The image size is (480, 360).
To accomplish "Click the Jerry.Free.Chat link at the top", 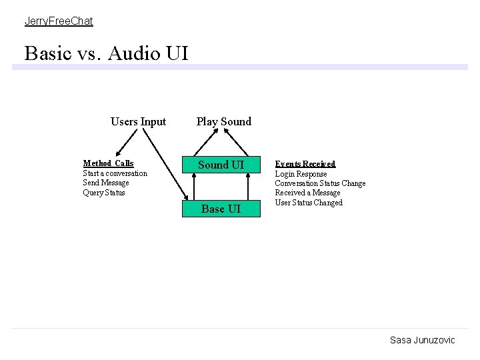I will pos(59,21).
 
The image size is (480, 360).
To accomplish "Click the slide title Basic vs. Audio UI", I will pos(106,53).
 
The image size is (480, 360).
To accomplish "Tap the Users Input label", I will pos(138,121).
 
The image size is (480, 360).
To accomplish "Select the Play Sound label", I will pos(223,121).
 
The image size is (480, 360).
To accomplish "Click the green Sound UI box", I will pos(221,165).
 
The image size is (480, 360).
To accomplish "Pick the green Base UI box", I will pos(221,209).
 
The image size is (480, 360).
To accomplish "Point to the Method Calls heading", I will pos(108,163).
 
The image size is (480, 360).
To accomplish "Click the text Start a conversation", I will pos(115,173).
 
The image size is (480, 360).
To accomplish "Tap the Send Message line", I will pos(106,183).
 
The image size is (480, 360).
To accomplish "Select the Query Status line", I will pos(103,193).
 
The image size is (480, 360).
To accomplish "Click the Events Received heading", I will pos(305,164).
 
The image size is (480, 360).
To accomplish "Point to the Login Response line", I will pos(301,174).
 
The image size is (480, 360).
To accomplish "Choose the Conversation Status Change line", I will pos(320,183).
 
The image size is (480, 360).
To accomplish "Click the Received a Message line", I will pos(307,193).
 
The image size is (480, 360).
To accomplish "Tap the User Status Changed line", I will pos(309,203).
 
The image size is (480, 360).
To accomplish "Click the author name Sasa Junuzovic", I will pos(422,340).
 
